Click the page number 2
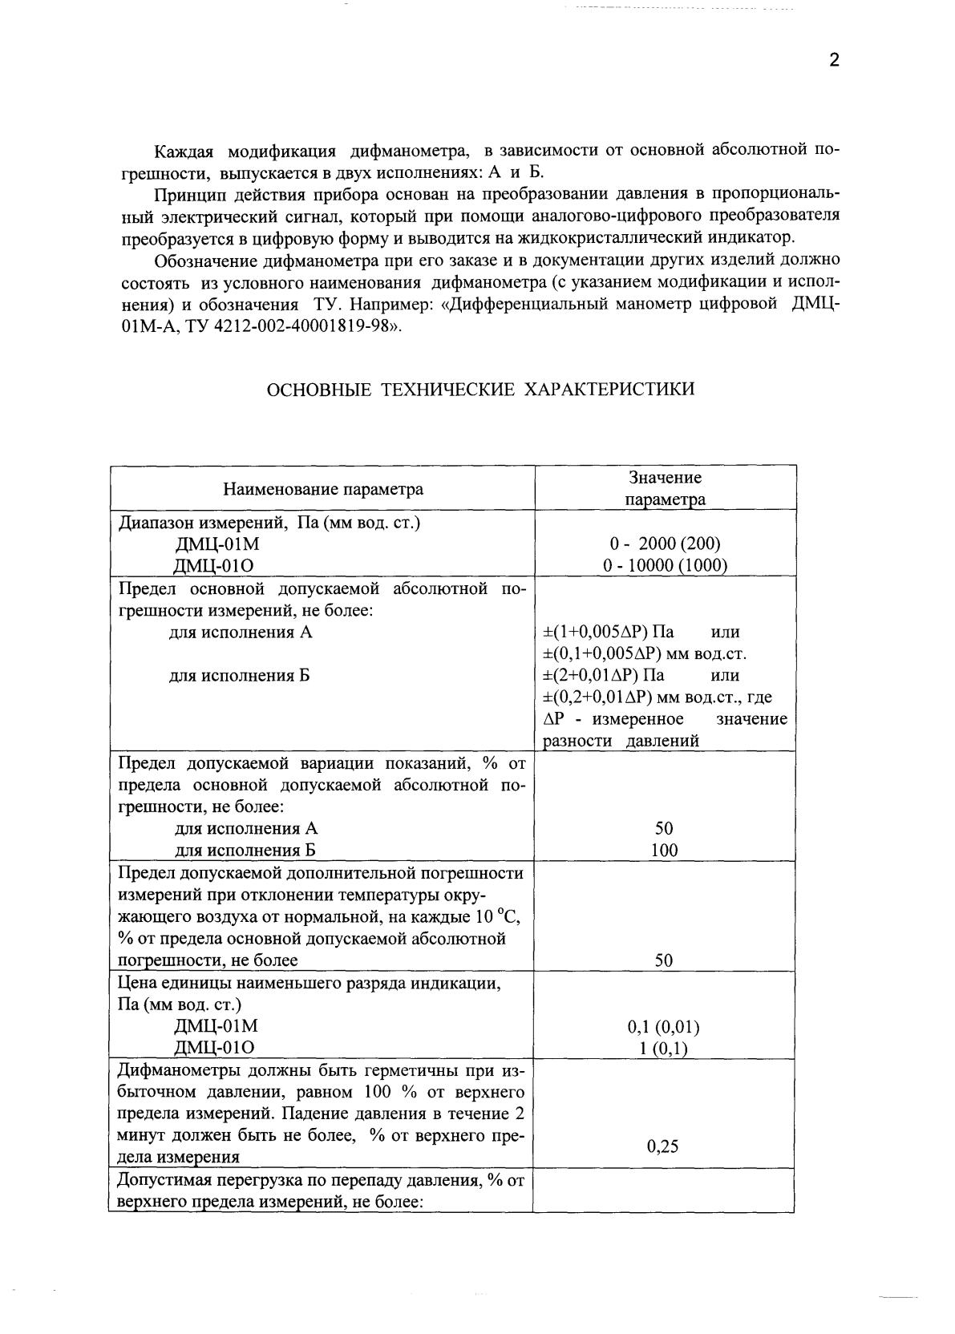pos(834,61)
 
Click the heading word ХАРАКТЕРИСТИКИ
pos(609,390)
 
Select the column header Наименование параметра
pos(322,489)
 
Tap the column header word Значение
pos(665,478)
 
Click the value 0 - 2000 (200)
pos(665,544)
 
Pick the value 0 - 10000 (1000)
pos(665,565)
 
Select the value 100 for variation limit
pos(664,850)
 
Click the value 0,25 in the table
pos(662,1146)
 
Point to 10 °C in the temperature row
pos(498,916)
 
